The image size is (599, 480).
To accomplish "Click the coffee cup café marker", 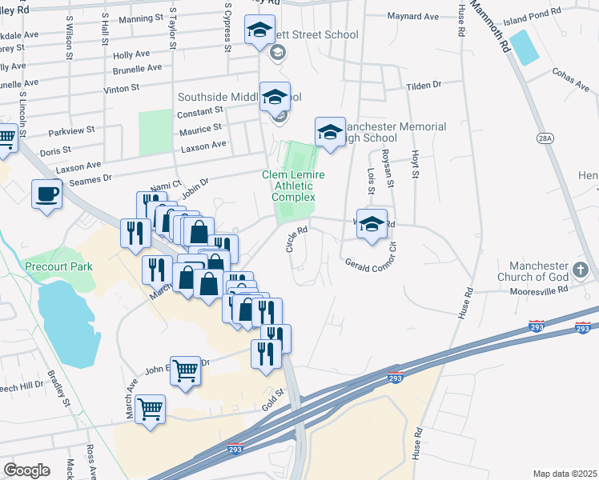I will coord(46,193).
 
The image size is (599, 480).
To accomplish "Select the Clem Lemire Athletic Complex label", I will coord(288,186).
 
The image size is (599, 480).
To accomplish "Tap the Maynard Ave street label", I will coord(413,15).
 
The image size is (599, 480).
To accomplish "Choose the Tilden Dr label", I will coord(425,85).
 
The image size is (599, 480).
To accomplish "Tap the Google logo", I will coord(26,470).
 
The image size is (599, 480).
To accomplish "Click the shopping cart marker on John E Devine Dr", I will coord(186,370).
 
